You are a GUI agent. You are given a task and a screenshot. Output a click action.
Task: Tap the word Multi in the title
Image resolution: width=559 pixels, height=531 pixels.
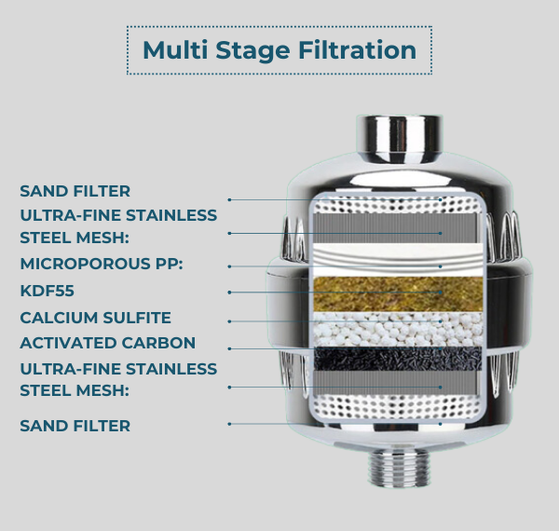(x=175, y=49)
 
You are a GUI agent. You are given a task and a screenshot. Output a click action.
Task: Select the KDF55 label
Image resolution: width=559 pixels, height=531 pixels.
(x=48, y=291)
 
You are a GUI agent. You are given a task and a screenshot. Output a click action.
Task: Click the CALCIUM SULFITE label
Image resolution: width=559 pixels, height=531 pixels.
(x=96, y=318)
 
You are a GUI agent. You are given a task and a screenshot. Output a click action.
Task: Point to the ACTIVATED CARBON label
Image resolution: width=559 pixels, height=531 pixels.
(x=108, y=343)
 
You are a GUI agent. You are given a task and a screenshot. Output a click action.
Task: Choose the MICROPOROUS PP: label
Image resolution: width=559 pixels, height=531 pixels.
(x=102, y=264)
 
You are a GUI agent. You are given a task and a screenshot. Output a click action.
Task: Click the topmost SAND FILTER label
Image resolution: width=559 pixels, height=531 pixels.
(x=75, y=191)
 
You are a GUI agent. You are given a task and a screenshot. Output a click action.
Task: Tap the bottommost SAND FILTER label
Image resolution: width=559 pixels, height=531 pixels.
(x=75, y=426)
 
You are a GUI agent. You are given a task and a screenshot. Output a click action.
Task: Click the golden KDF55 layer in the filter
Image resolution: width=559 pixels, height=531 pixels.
(x=398, y=293)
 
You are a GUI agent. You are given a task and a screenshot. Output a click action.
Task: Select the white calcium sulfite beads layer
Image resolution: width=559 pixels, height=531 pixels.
(x=398, y=330)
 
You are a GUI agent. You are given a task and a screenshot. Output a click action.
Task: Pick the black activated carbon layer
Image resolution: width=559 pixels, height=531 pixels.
(x=398, y=359)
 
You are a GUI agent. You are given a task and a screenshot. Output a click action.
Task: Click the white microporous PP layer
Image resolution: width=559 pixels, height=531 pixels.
(x=398, y=259)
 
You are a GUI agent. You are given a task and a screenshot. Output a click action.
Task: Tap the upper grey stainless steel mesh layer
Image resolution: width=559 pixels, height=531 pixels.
(x=394, y=227)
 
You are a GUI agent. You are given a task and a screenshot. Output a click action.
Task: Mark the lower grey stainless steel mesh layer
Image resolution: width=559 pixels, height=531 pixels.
(x=394, y=382)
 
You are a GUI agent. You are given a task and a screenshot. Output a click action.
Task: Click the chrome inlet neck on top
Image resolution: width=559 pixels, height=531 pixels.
(x=400, y=138)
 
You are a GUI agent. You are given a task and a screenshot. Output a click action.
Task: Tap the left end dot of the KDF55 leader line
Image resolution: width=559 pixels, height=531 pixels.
(x=229, y=293)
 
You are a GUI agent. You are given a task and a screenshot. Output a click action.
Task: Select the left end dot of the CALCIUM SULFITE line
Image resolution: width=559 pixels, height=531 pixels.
(x=229, y=321)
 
